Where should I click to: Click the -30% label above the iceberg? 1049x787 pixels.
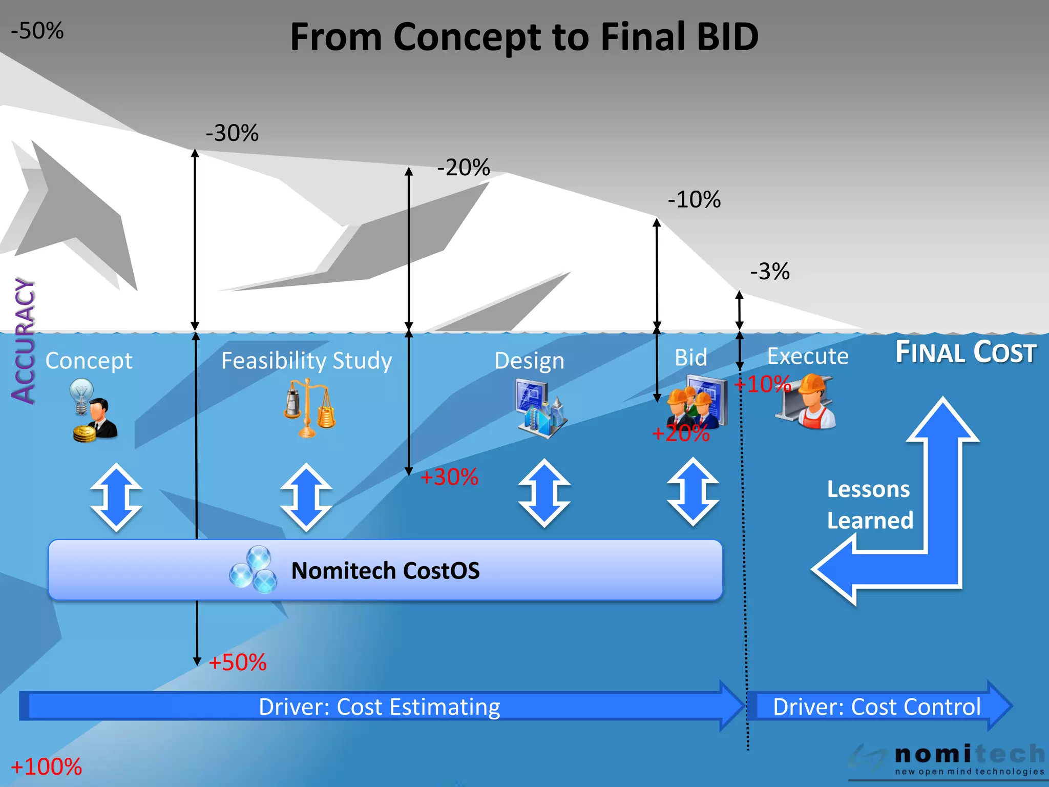[x=232, y=133]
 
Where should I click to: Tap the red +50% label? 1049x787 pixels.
[x=238, y=662]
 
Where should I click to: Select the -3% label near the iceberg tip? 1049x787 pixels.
[x=770, y=272]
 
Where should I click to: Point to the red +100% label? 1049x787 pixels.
[x=46, y=767]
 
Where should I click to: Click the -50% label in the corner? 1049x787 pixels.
[x=37, y=31]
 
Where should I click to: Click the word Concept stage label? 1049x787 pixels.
[x=89, y=361]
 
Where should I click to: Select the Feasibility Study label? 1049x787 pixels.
[x=306, y=361]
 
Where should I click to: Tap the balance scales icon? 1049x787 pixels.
[x=309, y=408]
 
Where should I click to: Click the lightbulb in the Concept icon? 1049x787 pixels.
[x=82, y=395]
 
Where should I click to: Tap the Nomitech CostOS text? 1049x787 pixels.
[x=385, y=571]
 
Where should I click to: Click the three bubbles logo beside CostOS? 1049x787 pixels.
[x=254, y=571]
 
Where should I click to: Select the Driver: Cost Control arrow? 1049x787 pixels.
[x=877, y=707]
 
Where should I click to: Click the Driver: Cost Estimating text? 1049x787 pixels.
[x=379, y=707]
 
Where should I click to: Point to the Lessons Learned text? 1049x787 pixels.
[x=870, y=505]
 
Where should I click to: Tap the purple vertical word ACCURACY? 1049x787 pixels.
[x=24, y=341]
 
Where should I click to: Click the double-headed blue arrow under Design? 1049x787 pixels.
[x=544, y=493]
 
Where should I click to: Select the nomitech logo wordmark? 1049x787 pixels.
[x=969, y=755]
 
